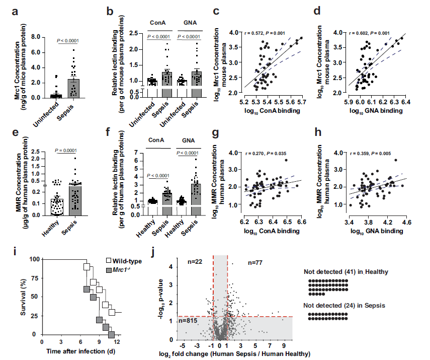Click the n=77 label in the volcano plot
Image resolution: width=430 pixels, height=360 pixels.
click(x=255, y=263)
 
